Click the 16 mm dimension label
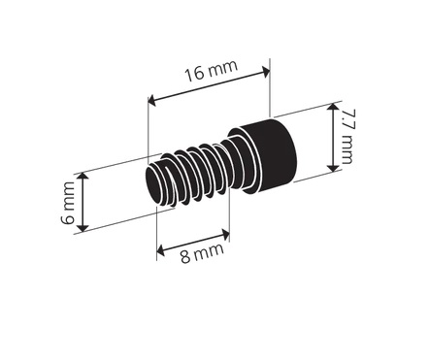tap(212, 70)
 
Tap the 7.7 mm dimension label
tap(347, 137)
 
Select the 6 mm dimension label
tap(68, 203)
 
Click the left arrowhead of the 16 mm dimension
tap(152, 101)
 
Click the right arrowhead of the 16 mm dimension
tap(266, 72)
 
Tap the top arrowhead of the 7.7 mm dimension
tap(332, 108)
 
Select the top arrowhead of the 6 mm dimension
tap(83, 177)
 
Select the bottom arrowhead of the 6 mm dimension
tap(83, 227)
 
